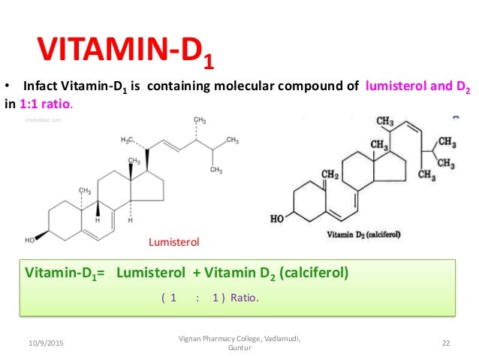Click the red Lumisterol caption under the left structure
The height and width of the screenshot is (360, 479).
tap(172, 242)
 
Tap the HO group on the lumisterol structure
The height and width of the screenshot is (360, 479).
tap(31, 241)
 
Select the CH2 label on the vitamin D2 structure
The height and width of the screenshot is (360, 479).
tap(330, 175)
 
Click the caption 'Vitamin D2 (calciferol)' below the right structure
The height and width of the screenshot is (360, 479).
tap(363, 234)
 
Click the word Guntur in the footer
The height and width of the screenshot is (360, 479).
tap(239, 348)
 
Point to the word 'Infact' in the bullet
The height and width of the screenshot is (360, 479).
tap(40, 86)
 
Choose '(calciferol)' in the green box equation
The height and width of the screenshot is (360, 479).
tap(313, 272)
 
